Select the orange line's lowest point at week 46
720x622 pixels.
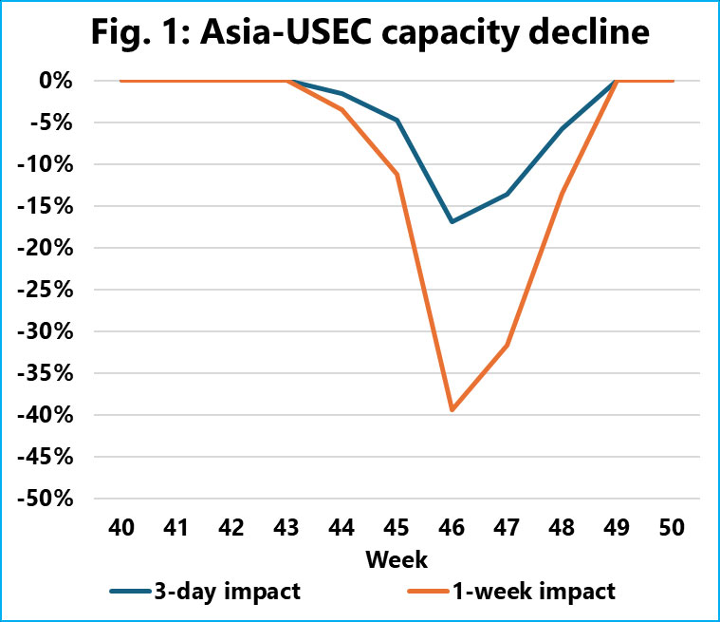tap(452, 410)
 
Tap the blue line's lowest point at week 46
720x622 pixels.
tap(452, 221)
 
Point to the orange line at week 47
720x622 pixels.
tap(508, 345)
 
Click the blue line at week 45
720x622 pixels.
tap(397, 121)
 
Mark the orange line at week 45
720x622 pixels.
tap(397, 174)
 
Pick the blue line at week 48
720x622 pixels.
tap(563, 128)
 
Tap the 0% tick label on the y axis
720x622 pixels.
tap(57, 81)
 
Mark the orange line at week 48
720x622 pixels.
tap(563, 194)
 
